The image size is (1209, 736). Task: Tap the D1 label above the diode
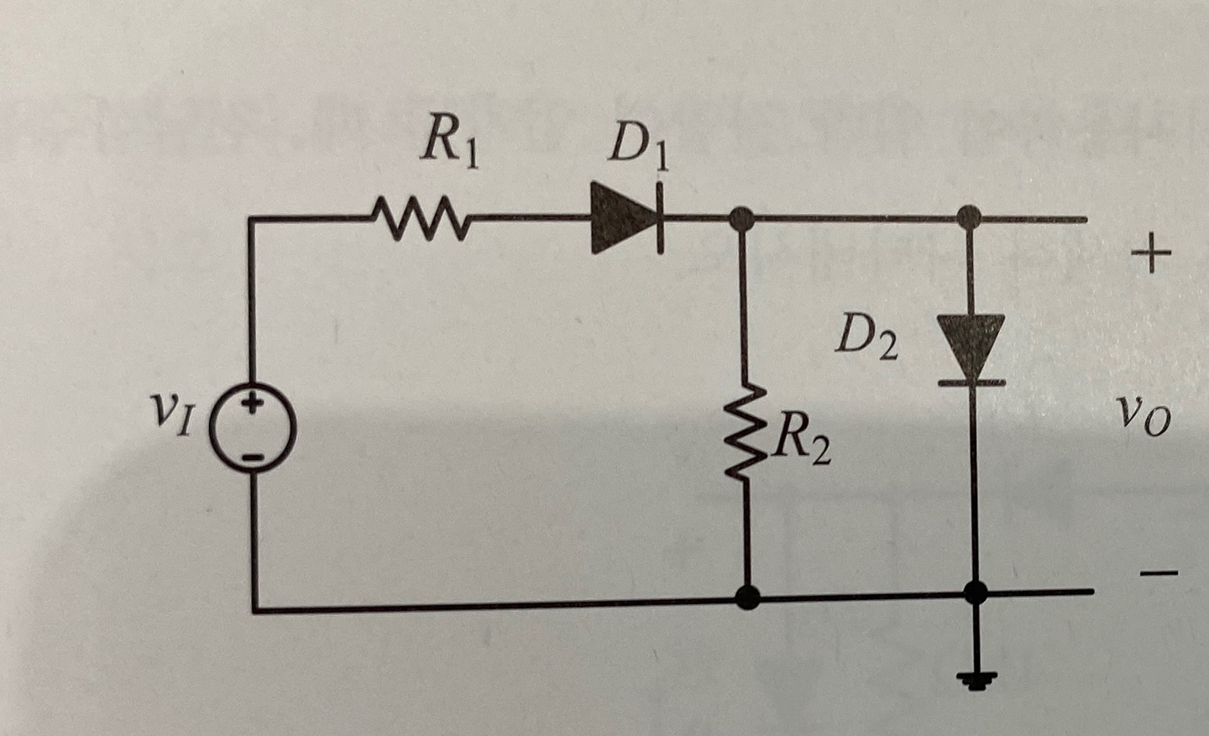click(640, 149)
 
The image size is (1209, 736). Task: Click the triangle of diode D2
click(971, 346)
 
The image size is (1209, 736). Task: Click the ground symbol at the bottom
click(974, 678)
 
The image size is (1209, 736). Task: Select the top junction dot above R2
click(741, 221)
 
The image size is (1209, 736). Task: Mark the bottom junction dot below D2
click(974, 592)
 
